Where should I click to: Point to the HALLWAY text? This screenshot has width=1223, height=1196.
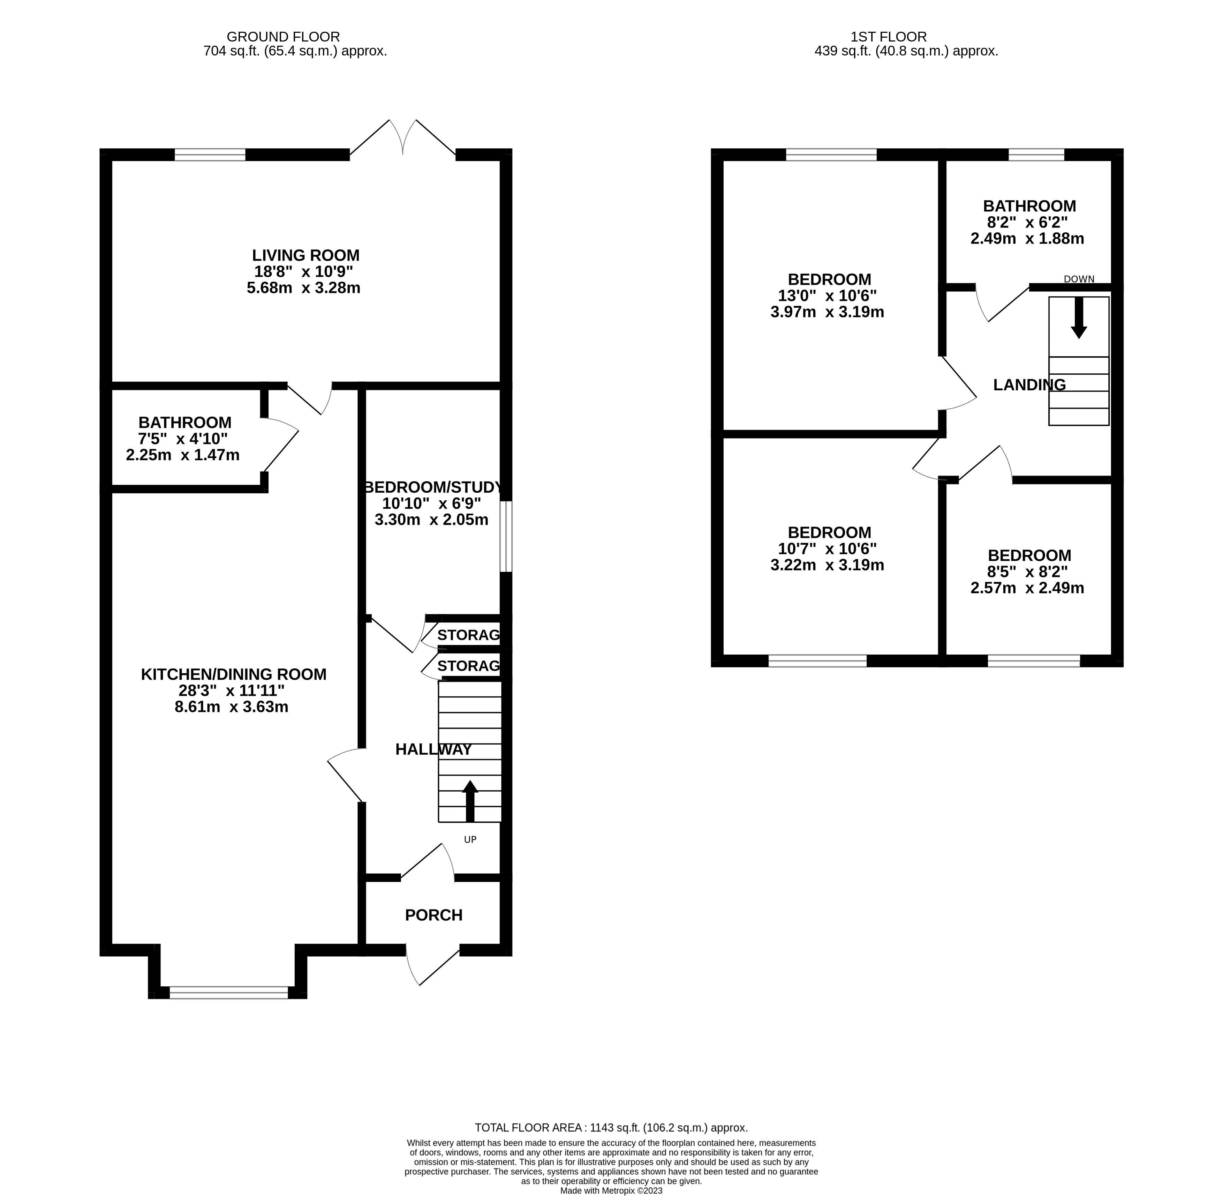pyautogui.click(x=433, y=749)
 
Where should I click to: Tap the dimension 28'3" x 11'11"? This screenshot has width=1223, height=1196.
pyautogui.click(x=231, y=690)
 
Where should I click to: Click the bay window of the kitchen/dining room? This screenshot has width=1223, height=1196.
pyautogui.click(x=228, y=993)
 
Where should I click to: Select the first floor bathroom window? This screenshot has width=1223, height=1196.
pyautogui.click(x=1036, y=155)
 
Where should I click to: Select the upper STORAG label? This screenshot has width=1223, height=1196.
pyautogui.click(x=468, y=635)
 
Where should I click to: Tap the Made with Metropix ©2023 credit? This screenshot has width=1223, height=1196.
pyautogui.click(x=611, y=1190)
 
